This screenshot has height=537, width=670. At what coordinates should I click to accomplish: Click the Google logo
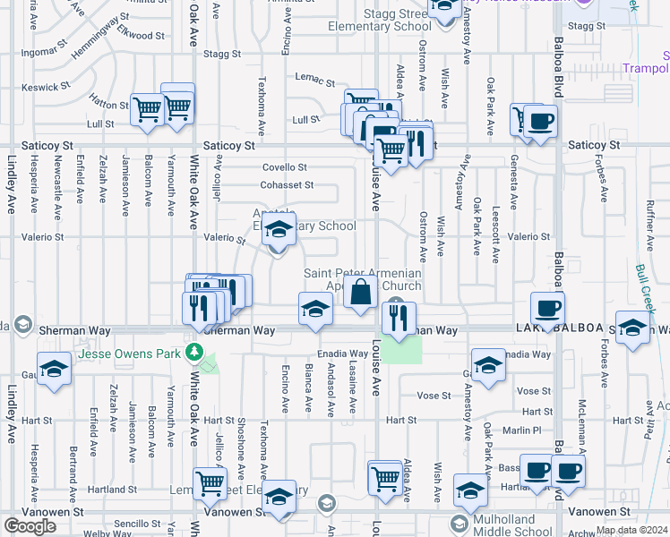(30, 526)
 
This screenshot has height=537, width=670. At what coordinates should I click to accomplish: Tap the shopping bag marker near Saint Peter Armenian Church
(360, 292)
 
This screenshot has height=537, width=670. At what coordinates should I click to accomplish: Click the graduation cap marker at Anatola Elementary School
(279, 231)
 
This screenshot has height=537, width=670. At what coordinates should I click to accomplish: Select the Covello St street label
(285, 167)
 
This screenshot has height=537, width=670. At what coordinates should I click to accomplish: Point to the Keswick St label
(46, 87)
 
